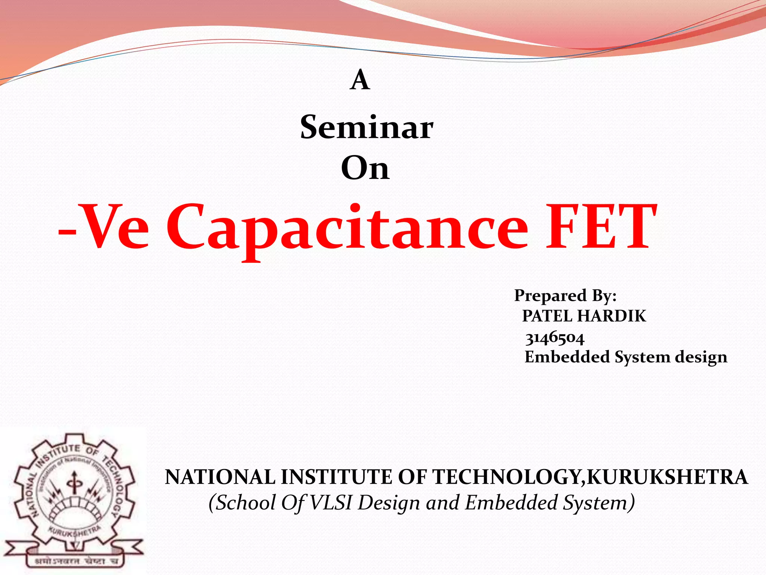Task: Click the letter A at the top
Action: click(360, 80)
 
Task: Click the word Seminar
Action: click(367, 128)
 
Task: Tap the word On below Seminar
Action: click(365, 168)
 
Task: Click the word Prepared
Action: click(550, 295)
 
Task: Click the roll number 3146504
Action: click(555, 338)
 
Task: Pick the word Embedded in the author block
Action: click(567, 357)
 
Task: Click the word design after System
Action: click(701, 357)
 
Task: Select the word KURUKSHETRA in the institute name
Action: click(667, 477)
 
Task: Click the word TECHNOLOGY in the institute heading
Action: click(507, 477)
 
